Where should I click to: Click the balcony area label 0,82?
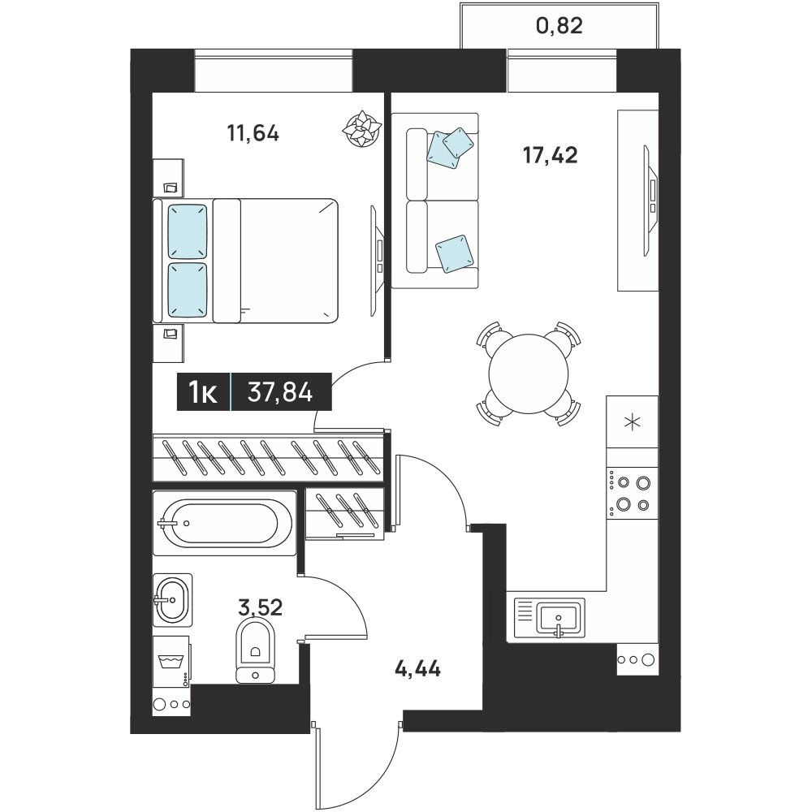559,25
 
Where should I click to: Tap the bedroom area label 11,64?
253,134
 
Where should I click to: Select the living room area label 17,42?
550,155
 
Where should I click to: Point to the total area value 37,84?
280,391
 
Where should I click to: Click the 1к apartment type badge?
203,392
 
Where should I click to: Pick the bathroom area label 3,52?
261,607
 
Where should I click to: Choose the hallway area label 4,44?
417,668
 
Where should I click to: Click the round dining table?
529,374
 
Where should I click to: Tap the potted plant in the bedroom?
362,128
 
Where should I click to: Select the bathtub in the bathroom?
225,523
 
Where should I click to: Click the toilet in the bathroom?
255,651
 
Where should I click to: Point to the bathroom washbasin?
172,600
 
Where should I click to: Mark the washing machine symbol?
171,662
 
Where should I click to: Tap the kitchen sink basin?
559,617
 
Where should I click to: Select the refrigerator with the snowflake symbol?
632,422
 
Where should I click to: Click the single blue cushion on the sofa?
455,253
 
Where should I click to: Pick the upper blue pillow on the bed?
188,231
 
